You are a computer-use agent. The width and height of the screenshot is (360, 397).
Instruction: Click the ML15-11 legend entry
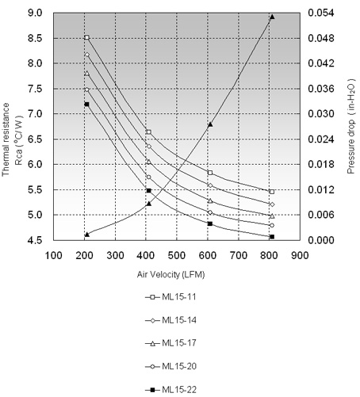[x=170, y=297]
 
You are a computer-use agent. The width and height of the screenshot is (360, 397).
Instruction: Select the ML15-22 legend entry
[x=170, y=390]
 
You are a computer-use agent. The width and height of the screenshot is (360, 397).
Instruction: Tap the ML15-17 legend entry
[x=170, y=343]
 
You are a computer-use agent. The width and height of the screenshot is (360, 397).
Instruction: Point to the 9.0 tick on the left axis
[x=35, y=13]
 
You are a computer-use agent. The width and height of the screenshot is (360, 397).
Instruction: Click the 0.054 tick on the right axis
[x=321, y=13]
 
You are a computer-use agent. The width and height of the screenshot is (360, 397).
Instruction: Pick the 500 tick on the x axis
[x=177, y=255]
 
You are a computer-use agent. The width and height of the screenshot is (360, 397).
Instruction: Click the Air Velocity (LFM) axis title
[x=170, y=274]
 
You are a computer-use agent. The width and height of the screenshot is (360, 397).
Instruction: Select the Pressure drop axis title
[x=350, y=126]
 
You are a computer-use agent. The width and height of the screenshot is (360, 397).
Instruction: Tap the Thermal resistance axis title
[x=12, y=139]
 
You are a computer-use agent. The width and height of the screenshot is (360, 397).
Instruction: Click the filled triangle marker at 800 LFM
[x=272, y=17]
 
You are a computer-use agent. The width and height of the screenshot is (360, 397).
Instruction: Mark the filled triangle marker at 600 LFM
[x=210, y=124]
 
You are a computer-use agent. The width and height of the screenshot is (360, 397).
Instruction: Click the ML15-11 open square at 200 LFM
[x=87, y=37]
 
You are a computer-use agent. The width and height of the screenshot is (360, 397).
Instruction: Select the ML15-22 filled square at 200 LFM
[x=86, y=105]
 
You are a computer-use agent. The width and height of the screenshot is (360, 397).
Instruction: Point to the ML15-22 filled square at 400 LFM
[x=148, y=190]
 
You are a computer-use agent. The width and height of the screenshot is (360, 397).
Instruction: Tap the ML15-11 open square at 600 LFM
[x=210, y=173]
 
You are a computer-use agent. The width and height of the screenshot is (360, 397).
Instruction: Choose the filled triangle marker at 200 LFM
[x=87, y=235]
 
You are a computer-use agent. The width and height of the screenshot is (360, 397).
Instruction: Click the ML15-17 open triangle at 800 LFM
[x=272, y=216]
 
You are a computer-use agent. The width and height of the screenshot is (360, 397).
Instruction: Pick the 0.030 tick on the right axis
[x=321, y=114]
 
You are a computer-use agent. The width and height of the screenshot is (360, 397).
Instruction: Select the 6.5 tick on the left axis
[x=35, y=139]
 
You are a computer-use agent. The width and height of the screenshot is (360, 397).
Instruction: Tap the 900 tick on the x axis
[x=300, y=255]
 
